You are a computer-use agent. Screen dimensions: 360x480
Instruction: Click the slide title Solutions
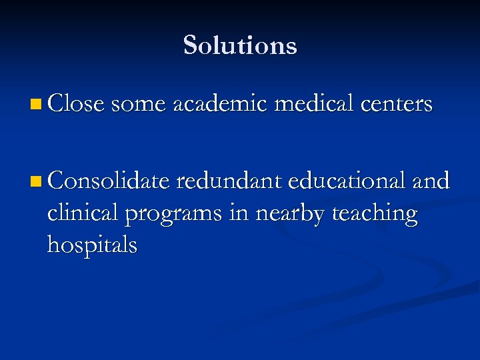240,45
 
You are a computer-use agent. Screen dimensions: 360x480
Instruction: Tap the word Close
76,104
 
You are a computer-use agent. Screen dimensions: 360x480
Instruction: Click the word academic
219,104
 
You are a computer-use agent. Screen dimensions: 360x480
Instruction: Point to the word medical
313,104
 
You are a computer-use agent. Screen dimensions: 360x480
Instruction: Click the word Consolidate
107,180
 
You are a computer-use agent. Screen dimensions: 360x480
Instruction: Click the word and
431,180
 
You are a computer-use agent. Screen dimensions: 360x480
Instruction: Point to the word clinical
82,213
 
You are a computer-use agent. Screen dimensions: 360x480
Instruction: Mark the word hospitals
92,245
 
